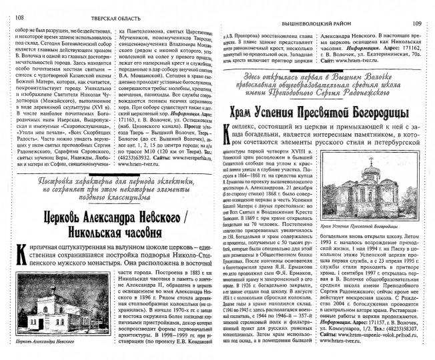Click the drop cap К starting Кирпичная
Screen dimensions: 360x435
tap(19, 254)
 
